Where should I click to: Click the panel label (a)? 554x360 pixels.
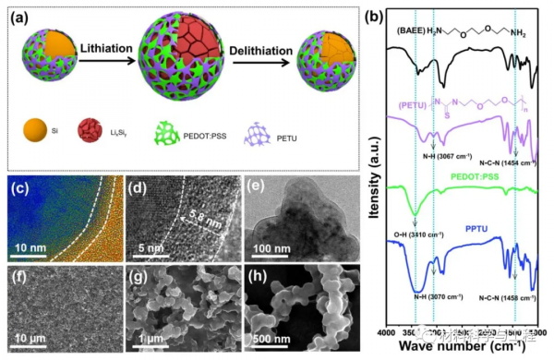pyautogui.click(x=18, y=14)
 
